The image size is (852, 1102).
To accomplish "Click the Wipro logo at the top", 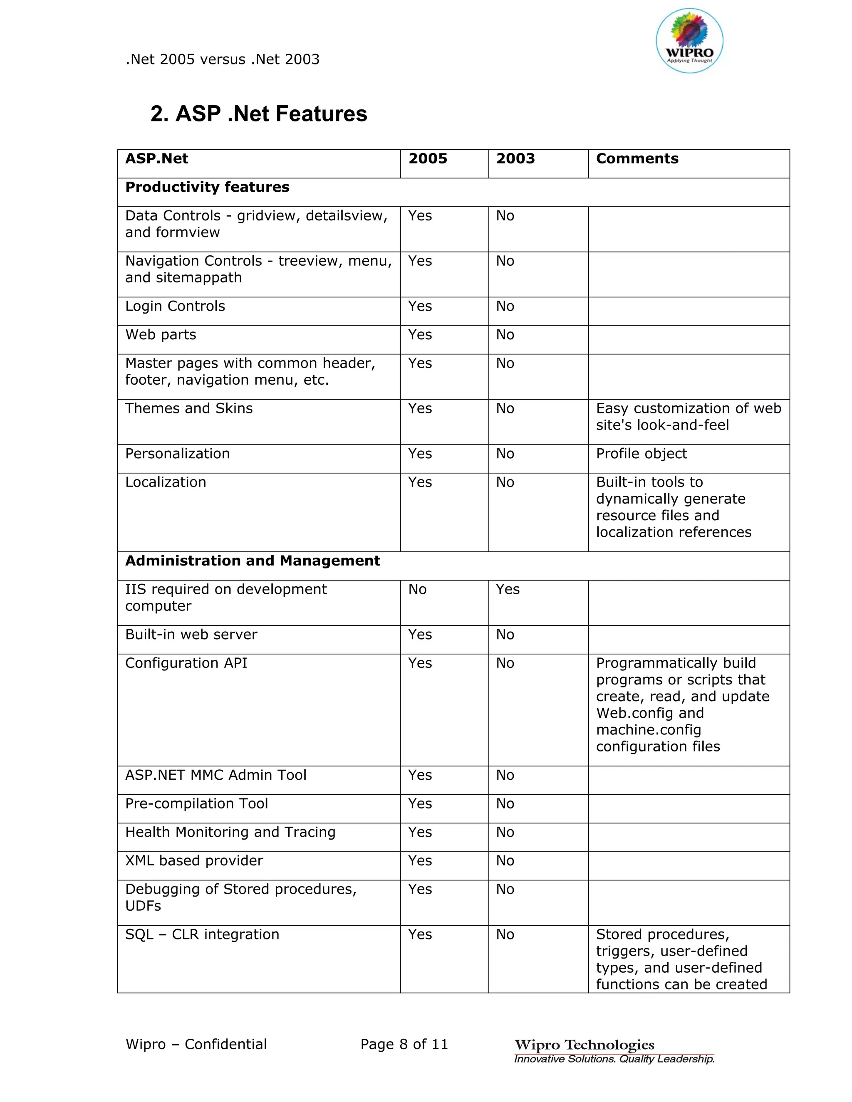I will pyautogui.click(x=689, y=41).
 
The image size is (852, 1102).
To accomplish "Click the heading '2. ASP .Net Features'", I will pyautogui.click(x=258, y=114).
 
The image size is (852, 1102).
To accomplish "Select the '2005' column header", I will pyautogui.click(x=428, y=158).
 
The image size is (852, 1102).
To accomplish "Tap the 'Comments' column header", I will pyautogui.click(x=637, y=158).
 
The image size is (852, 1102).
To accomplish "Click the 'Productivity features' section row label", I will pyautogui.click(x=207, y=187).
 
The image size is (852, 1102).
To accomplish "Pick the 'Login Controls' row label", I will pyautogui.click(x=175, y=306).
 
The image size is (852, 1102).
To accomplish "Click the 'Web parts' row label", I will pyautogui.click(x=161, y=334).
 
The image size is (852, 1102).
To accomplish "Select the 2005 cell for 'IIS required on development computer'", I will pyautogui.click(x=417, y=589).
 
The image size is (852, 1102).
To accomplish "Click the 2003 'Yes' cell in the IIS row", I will pyautogui.click(x=507, y=589).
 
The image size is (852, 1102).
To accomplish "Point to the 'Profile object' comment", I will pyautogui.click(x=641, y=454).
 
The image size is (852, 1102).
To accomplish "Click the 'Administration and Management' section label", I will pyautogui.click(x=253, y=561).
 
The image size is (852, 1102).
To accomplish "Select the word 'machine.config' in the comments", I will pyautogui.click(x=648, y=730).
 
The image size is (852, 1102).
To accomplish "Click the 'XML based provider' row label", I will pyautogui.click(x=194, y=860).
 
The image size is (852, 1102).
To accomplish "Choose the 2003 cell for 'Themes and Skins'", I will pyautogui.click(x=505, y=408).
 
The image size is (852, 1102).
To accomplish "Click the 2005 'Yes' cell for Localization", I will pyautogui.click(x=420, y=482).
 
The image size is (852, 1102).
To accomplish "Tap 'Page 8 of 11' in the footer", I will pyautogui.click(x=404, y=1044).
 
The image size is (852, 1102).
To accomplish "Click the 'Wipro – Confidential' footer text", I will pyautogui.click(x=196, y=1044).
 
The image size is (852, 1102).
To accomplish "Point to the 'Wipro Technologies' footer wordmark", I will pyautogui.click(x=584, y=1045).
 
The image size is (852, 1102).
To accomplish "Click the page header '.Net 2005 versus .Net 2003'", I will pyautogui.click(x=222, y=59).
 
